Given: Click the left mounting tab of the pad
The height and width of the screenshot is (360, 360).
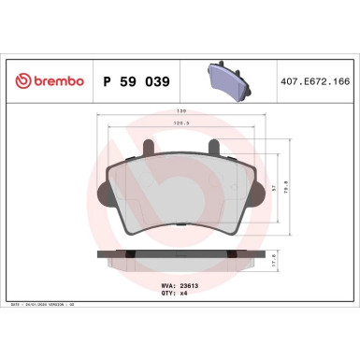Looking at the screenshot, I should [x=150, y=148].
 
